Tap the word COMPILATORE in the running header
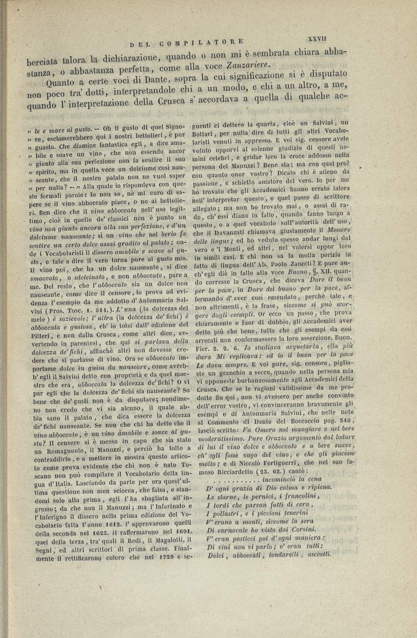coord(200,41)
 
